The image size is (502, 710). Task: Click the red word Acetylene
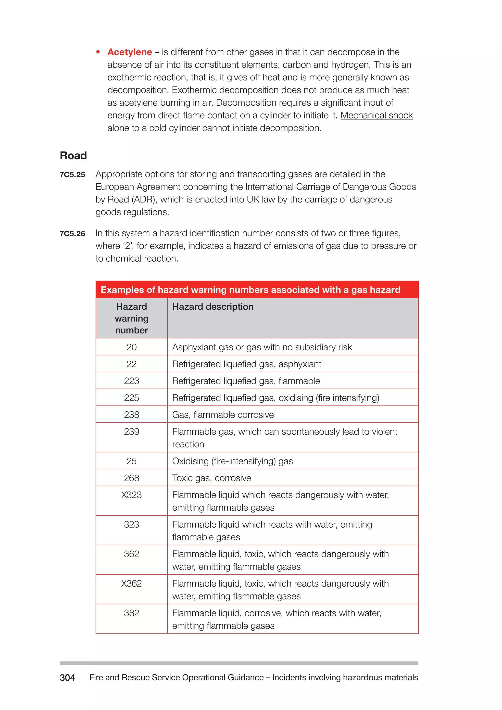(x=129, y=52)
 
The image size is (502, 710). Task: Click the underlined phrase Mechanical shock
(x=376, y=115)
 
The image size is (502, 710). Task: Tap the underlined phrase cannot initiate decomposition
(x=261, y=128)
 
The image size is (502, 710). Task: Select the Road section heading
(x=73, y=155)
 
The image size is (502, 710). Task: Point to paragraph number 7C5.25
(x=72, y=175)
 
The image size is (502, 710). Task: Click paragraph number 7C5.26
(x=72, y=233)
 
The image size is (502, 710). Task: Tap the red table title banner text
(x=250, y=290)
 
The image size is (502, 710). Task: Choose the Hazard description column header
(x=213, y=307)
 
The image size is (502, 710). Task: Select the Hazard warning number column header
(x=132, y=318)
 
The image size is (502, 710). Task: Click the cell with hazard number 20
(x=132, y=347)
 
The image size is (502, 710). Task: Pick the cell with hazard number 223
(x=132, y=381)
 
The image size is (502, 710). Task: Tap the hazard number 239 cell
(x=132, y=432)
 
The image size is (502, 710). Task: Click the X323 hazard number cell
(x=132, y=495)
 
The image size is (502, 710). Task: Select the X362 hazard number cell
(x=132, y=583)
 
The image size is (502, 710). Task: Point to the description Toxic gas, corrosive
(x=212, y=478)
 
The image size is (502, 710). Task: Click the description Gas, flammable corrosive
(x=223, y=415)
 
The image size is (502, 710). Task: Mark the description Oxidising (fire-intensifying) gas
(x=232, y=461)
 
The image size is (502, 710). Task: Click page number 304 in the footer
(x=67, y=678)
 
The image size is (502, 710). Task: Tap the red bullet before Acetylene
(x=98, y=52)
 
